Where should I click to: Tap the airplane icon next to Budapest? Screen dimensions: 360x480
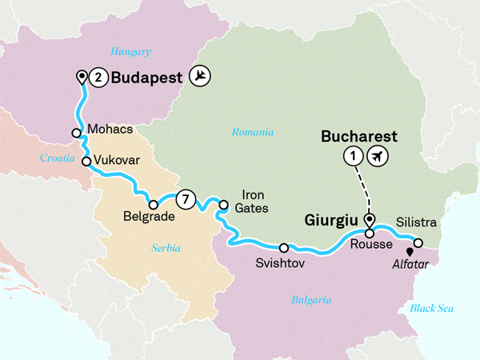(x=200, y=77)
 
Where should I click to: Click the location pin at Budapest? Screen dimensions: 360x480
(x=81, y=77)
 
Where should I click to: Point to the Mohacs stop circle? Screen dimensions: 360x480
(x=76, y=134)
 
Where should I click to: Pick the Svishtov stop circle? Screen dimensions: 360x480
(x=284, y=247)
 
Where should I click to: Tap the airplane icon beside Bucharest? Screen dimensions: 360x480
(x=378, y=156)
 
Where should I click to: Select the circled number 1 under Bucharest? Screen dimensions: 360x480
(x=350, y=156)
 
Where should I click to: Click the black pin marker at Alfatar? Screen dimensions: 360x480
(x=410, y=253)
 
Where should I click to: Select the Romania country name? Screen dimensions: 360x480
(x=253, y=132)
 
